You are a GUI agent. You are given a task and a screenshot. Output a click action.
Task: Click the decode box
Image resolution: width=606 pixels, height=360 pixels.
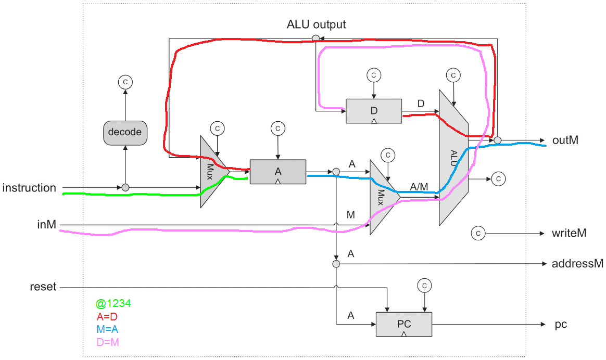click(x=125, y=132)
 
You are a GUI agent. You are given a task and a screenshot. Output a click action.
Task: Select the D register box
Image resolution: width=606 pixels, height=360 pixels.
click(x=374, y=111)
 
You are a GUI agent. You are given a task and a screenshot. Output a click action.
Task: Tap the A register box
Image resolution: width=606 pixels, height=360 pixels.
click(x=277, y=171)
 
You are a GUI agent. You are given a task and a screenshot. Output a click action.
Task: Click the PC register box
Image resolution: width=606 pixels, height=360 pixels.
click(x=404, y=324)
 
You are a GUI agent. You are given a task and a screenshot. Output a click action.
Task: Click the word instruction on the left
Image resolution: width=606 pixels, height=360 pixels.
click(x=29, y=188)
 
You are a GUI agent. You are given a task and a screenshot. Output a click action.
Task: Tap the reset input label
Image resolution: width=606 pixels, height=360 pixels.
click(x=43, y=287)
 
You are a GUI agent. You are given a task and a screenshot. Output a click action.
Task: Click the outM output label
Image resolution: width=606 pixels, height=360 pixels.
click(x=565, y=140)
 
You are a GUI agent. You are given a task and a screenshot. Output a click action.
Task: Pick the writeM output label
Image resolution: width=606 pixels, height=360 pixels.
click(x=569, y=234)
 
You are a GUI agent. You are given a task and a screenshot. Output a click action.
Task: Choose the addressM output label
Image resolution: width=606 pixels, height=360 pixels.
click(x=577, y=264)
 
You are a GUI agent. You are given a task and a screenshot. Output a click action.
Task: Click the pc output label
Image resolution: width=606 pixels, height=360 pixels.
click(x=561, y=325)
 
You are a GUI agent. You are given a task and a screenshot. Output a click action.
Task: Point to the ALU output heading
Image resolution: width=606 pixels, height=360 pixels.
click(x=316, y=24)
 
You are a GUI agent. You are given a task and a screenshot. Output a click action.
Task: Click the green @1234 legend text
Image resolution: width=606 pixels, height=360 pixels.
click(x=113, y=303)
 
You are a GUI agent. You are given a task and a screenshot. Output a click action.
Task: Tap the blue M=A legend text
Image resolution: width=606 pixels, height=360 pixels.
click(x=109, y=329)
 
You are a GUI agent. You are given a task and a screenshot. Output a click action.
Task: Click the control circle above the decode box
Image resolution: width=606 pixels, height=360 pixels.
click(x=125, y=82)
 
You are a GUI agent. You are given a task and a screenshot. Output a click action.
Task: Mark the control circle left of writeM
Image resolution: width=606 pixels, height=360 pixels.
click(x=478, y=234)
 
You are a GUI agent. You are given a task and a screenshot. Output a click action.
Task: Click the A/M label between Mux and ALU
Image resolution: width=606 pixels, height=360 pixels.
click(x=419, y=186)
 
